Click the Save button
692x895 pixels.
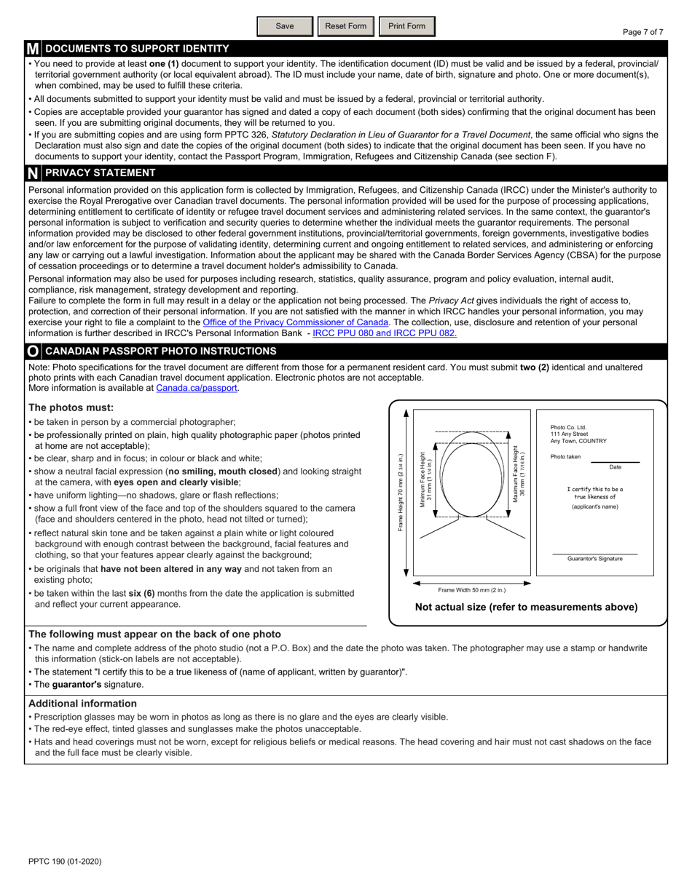285,26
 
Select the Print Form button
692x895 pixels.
406,26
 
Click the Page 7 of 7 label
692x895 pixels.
642,32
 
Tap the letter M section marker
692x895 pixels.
33,49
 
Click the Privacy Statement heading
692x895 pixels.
100,173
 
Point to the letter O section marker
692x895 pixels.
33,351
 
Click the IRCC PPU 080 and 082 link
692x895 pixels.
385,333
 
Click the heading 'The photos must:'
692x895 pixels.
71,407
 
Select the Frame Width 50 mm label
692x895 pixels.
471,590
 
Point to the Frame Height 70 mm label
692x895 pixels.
400,493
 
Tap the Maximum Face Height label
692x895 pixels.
519,474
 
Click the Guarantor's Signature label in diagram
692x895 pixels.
594,559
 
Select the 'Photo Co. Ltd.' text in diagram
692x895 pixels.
568,428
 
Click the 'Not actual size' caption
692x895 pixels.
526,607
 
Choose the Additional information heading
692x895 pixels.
82,704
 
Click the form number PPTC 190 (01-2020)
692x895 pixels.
65,862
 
